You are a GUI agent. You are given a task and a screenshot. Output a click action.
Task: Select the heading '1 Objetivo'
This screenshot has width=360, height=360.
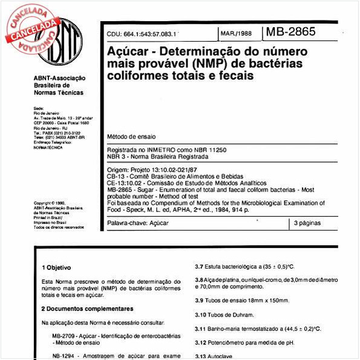pyautogui.click(x=56, y=267)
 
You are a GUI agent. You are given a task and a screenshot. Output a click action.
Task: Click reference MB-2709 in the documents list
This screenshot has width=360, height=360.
pyautogui.click(x=64, y=335)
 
